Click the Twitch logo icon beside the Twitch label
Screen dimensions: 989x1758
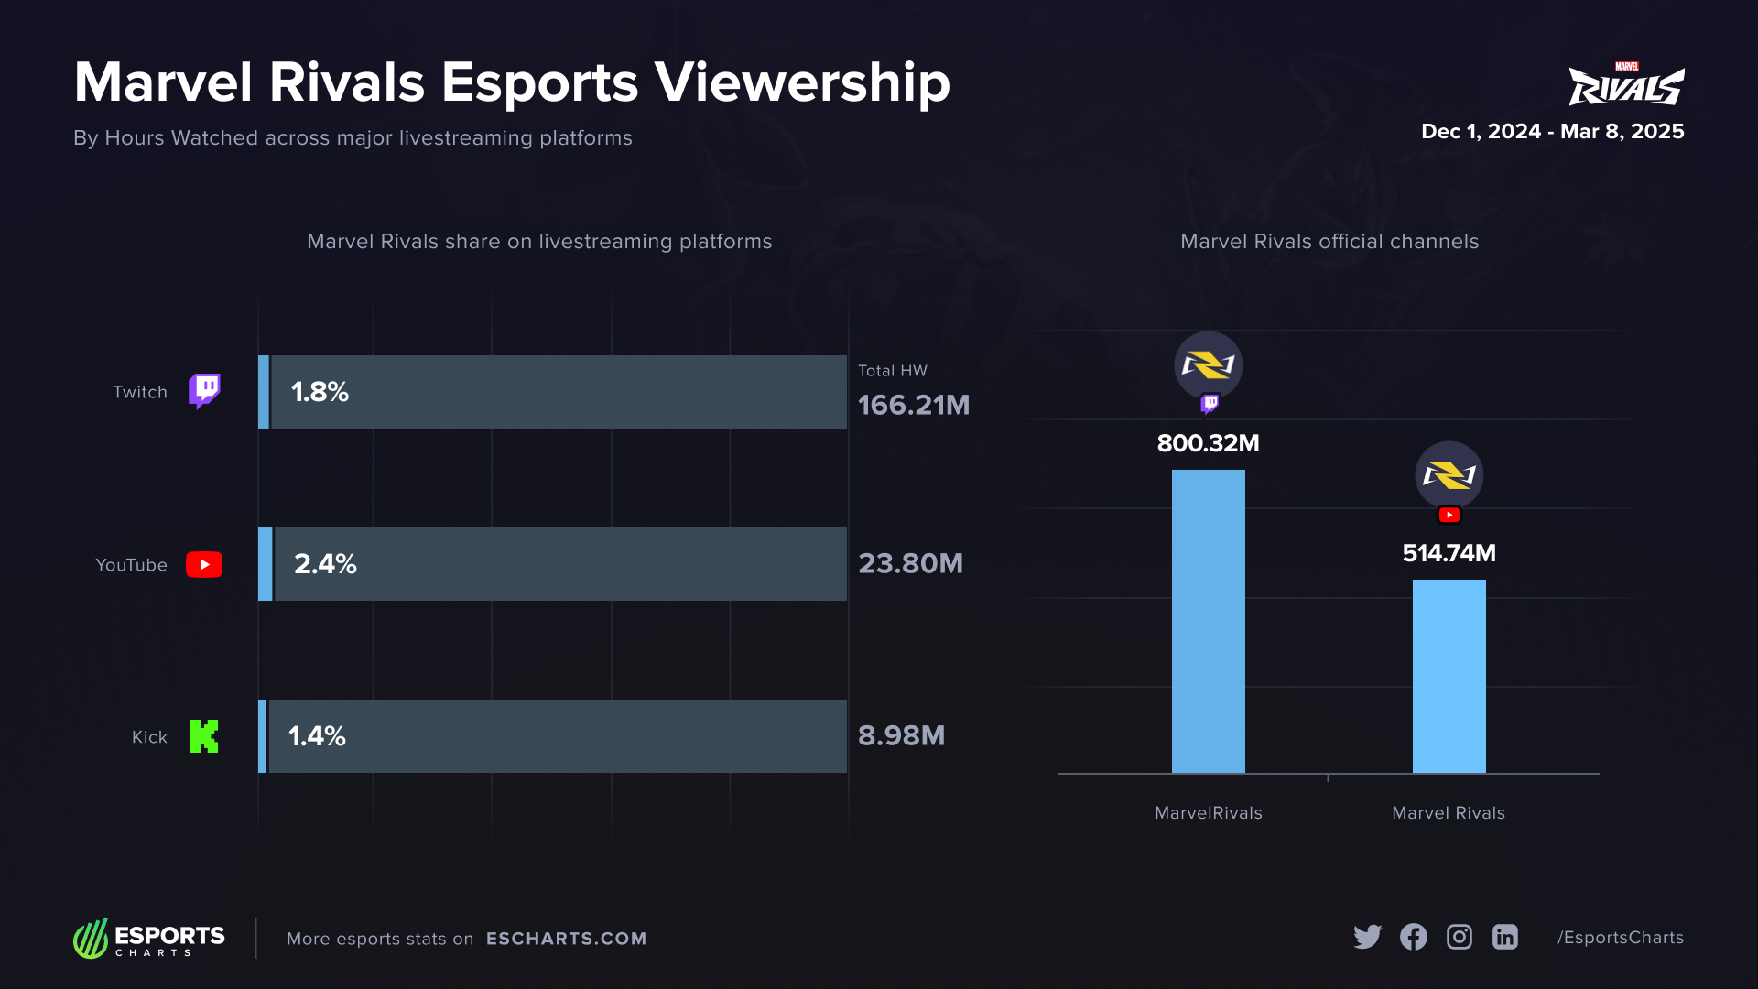(204, 391)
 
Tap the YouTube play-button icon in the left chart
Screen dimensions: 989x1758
(204, 564)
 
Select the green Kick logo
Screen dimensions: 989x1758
(204, 736)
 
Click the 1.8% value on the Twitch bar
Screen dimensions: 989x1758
(320, 392)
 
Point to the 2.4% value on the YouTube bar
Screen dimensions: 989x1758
(325, 564)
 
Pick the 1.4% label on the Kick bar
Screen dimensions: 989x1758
(317, 736)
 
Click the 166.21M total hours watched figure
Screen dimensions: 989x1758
(913, 405)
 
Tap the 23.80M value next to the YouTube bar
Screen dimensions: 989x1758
(910, 563)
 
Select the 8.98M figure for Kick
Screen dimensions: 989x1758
(901, 735)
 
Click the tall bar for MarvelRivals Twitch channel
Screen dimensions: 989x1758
(1208, 623)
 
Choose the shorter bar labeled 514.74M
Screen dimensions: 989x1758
(1449, 678)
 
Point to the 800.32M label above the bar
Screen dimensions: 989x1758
(1208, 443)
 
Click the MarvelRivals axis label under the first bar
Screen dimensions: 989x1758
(1208, 813)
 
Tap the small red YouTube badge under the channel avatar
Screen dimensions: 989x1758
(1449, 516)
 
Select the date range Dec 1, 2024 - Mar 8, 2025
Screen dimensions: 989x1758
(1552, 132)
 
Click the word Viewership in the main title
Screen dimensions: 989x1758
(802, 82)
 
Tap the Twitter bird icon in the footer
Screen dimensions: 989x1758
(1367, 937)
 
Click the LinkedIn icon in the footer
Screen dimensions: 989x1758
(1504, 937)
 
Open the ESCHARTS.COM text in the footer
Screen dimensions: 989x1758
(566, 939)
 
